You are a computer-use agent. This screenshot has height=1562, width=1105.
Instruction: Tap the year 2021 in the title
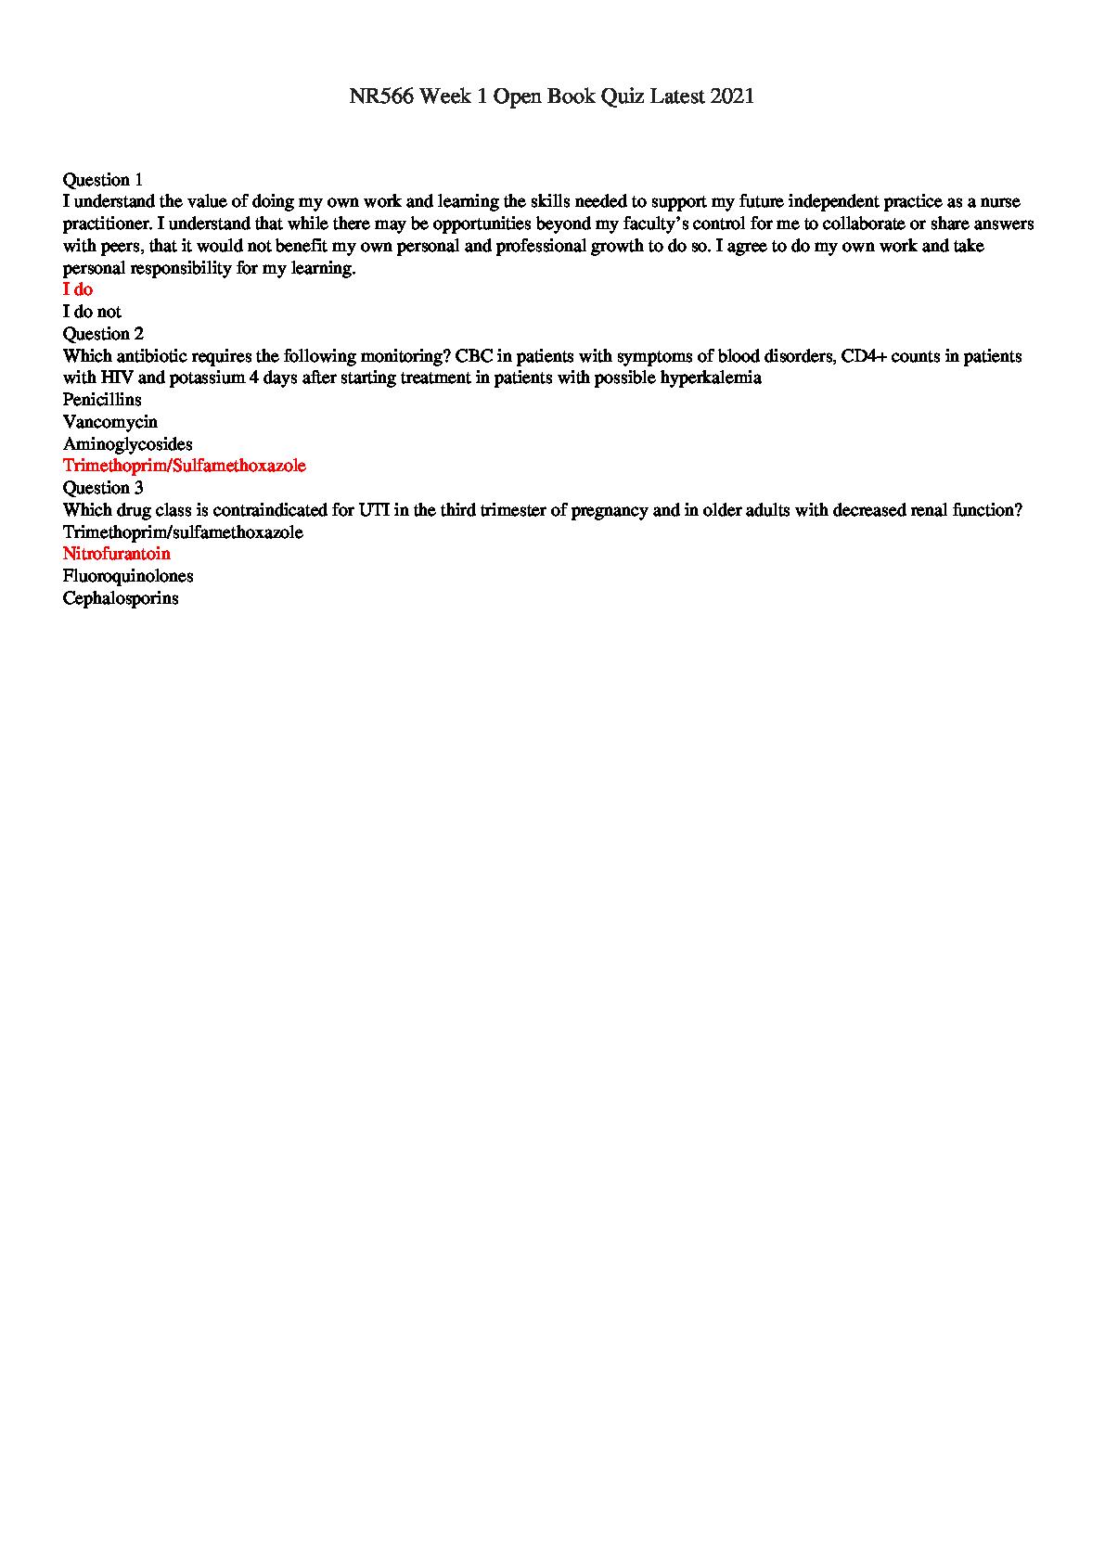[733, 96]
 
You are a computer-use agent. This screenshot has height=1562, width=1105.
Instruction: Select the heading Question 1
[103, 179]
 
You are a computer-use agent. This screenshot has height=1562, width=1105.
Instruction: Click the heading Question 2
[103, 333]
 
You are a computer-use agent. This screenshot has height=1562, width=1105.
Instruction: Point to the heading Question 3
[103, 487]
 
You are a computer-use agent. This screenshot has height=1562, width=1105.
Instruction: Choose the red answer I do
[78, 289]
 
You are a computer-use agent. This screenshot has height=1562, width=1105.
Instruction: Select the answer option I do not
[92, 312]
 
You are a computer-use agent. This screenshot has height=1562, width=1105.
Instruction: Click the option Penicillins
[102, 400]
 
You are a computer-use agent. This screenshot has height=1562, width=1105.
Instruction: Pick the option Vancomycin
[109, 422]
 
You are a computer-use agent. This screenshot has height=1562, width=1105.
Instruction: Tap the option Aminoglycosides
[127, 444]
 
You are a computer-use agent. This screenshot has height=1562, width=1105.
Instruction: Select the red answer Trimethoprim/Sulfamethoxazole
[184, 466]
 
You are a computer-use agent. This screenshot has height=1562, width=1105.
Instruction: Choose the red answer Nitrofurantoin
[117, 554]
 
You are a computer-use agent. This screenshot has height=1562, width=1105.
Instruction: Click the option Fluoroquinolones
[128, 576]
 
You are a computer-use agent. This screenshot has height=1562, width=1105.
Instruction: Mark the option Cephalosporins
[121, 598]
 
